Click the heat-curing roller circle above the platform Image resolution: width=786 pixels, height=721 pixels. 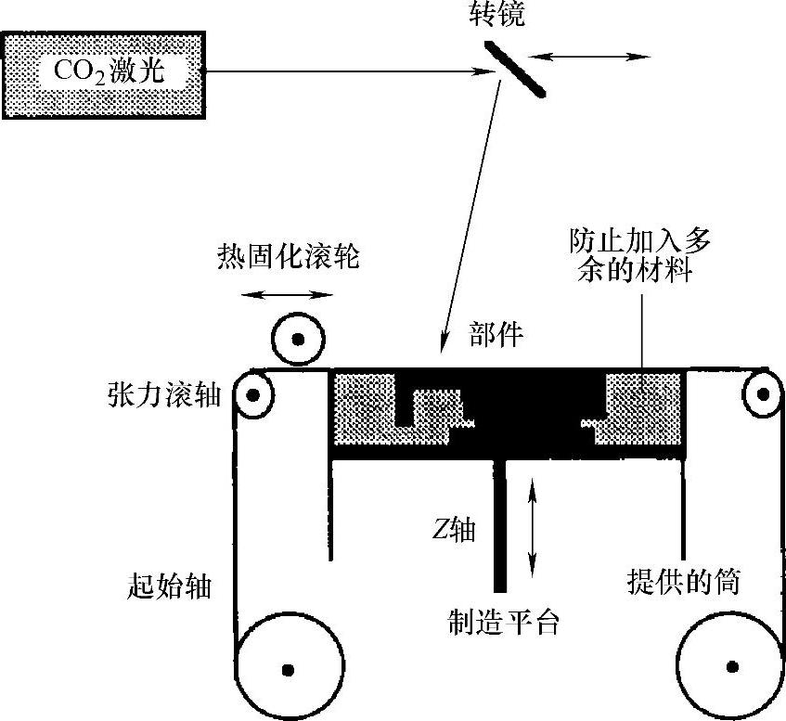[297, 341]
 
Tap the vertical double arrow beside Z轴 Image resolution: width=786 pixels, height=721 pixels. [532, 524]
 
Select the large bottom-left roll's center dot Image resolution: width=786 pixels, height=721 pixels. [287, 667]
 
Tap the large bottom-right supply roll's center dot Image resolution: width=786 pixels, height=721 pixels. [733, 665]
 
